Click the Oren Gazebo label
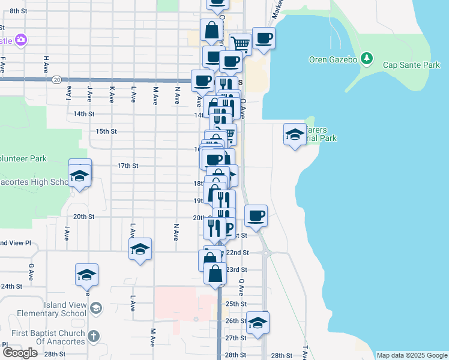(333, 59)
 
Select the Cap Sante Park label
(407, 65)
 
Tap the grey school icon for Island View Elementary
(96, 308)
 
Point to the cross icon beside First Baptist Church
(92, 336)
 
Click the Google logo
(20, 353)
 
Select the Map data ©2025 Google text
(411, 355)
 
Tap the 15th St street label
(106, 131)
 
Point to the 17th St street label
(128, 166)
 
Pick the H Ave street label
(46, 62)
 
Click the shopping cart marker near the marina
(241, 43)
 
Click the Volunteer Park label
(23, 159)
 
